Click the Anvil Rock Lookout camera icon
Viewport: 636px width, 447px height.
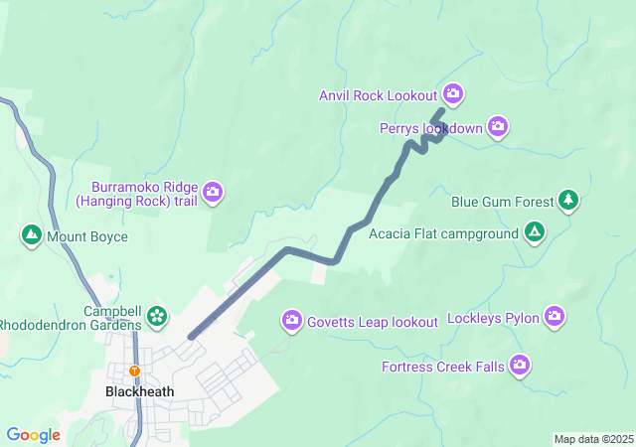click(453, 94)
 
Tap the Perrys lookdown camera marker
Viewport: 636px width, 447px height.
click(498, 126)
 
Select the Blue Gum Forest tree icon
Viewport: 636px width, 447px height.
click(567, 201)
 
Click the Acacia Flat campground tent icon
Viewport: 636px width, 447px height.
click(535, 233)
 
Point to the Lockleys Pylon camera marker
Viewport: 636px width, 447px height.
click(554, 318)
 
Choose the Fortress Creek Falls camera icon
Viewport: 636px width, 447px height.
click(519, 367)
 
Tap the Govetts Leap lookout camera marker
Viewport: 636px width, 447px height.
click(292, 320)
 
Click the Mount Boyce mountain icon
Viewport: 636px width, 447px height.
click(31, 235)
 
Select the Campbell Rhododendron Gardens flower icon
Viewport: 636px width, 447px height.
click(156, 317)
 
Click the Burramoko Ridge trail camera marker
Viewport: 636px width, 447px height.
click(213, 192)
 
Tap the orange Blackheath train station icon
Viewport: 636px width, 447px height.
click(135, 372)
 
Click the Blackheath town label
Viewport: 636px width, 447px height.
click(139, 391)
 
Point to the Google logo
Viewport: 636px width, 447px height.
click(33, 435)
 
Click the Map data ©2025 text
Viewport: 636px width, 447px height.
click(593, 439)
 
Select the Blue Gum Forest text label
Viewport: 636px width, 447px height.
click(502, 202)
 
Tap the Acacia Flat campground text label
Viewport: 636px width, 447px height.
click(443, 234)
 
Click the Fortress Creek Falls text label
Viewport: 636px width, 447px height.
click(443, 368)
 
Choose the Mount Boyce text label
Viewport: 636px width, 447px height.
click(86, 236)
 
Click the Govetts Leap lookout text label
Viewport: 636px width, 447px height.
click(373, 322)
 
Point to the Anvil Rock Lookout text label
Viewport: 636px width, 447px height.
click(379, 95)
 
